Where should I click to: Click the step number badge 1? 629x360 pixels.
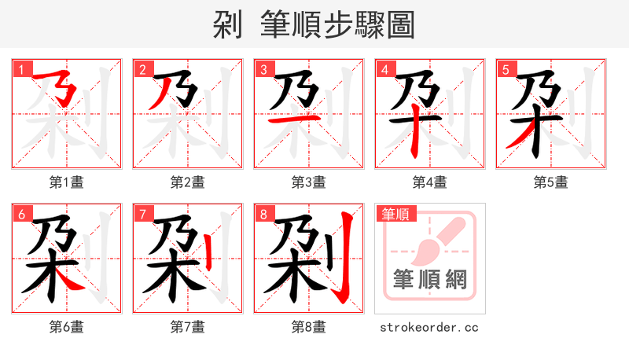click(21, 69)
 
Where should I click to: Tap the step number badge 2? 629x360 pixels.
click(142, 69)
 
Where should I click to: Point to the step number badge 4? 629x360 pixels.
click(384, 69)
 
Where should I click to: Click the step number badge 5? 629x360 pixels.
click(506, 69)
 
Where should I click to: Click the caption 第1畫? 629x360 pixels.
click(67, 182)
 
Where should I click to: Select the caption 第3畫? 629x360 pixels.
click(308, 182)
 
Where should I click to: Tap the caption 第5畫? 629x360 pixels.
click(550, 182)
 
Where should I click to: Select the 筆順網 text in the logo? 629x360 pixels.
click(429, 280)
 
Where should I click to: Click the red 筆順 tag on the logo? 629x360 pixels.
click(395, 214)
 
